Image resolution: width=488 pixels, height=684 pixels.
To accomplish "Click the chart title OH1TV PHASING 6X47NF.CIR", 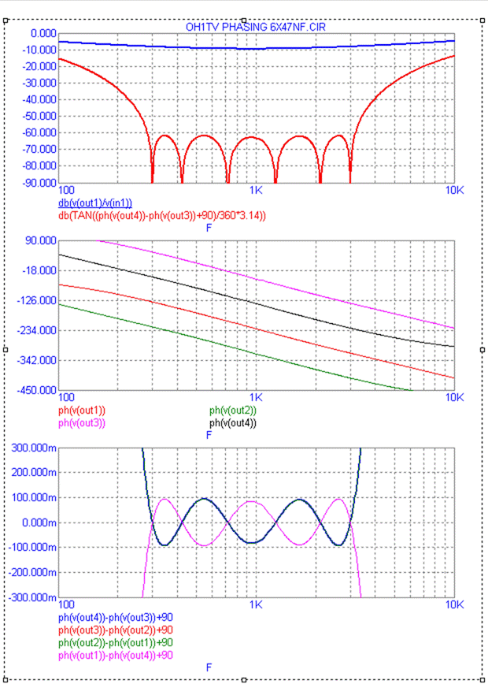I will coord(256,27).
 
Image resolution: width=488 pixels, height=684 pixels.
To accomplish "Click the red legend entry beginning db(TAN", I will coord(161,215).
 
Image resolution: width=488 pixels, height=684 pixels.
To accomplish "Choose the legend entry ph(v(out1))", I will coord(82,411).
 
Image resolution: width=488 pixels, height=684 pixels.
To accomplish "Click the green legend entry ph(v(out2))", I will coord(233,411).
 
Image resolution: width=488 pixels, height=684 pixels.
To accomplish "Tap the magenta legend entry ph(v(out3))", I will coord(82,422).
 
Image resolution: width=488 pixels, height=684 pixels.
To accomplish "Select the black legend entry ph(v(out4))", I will coord(233,422).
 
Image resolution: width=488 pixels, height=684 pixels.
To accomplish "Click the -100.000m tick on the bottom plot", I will coord(30,548).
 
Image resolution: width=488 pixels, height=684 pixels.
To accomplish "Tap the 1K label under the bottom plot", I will coord(256,604).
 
